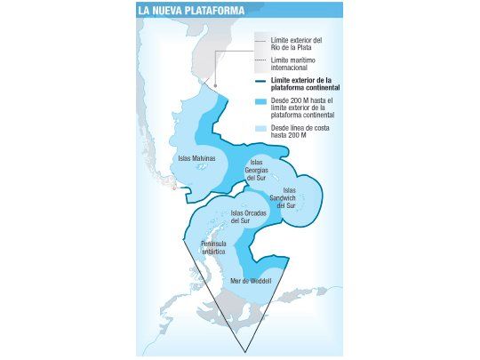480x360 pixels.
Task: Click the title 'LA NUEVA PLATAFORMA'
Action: point(192,11)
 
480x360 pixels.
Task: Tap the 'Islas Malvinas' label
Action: point(197,159)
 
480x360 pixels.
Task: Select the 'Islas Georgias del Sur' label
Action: point(257,169)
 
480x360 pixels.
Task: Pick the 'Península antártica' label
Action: point(213,247)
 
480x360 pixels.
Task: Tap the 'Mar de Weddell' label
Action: point(250,280)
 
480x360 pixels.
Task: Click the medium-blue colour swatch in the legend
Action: point(260,104)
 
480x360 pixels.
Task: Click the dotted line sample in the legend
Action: point(260,60)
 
